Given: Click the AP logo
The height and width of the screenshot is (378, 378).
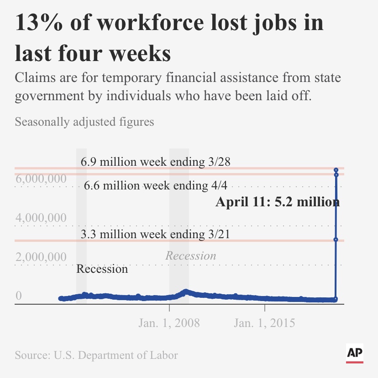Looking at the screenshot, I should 354,353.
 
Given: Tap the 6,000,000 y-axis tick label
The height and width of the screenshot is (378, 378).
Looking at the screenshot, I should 41,179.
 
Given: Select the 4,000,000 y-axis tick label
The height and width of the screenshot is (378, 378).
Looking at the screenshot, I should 41,218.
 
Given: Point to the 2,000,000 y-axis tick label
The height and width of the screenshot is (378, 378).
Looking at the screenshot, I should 41,257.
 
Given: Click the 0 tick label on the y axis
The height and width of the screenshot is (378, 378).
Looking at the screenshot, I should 19,296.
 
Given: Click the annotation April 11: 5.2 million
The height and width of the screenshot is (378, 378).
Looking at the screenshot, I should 277,202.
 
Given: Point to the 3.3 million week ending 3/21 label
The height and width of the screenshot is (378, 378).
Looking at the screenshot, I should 155,235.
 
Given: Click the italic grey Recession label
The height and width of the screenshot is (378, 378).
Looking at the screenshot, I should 190,255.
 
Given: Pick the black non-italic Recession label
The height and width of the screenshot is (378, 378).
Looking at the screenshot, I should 102,269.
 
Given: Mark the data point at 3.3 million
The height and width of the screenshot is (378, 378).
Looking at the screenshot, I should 336,240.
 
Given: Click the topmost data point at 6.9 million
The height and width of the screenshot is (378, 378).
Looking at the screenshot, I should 336,169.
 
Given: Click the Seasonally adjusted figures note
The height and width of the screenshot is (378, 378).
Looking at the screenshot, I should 84,122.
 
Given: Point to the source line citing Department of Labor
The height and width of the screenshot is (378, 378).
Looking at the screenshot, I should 96,355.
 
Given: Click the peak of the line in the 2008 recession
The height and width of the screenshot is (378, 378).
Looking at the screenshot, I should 185,291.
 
